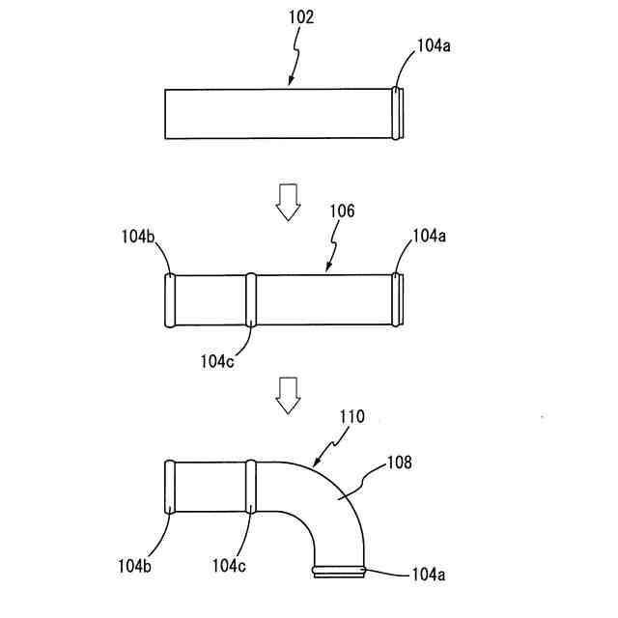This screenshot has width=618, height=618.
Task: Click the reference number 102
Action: [x=300, y=16]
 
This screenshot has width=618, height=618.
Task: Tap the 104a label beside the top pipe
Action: [x=434, y=44]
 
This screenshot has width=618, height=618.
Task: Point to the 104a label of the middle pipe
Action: [x=430, y=236]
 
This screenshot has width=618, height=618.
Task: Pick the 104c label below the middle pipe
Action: [x=218, y=360]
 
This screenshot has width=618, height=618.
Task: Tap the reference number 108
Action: [x=398, y=463]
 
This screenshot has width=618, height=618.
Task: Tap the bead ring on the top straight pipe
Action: [x=398, y=114]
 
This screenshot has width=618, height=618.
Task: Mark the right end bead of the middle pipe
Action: [x=398, y=299]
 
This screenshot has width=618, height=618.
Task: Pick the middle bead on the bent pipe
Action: [x=252, y=486]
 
